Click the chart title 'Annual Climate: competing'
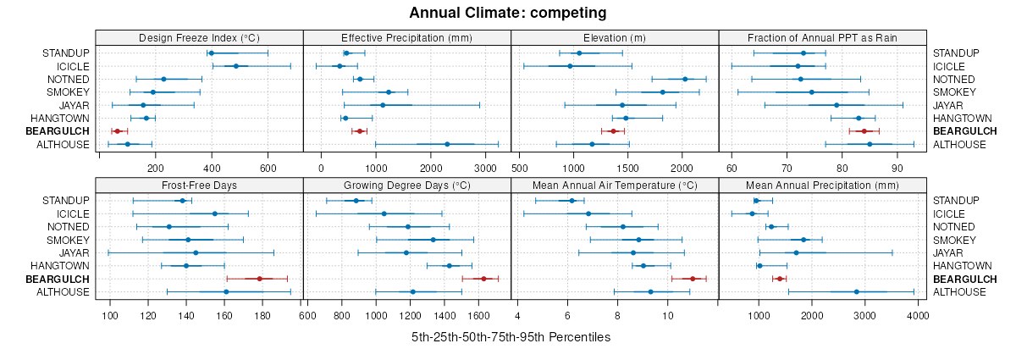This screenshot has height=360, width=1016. tap(508, 13)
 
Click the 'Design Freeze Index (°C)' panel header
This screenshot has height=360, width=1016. tap(199, 37)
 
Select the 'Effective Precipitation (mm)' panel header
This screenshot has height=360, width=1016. tap(406, 37)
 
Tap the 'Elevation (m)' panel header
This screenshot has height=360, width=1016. tap(615, 37)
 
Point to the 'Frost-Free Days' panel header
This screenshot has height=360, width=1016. tap(199, 185)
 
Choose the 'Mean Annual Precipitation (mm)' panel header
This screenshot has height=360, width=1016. tap(822, 185)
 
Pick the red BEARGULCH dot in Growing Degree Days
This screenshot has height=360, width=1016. tap(483, 279)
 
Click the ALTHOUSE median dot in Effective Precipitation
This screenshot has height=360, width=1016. tap(447, 144)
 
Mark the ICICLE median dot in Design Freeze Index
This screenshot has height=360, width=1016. tap(236, 66)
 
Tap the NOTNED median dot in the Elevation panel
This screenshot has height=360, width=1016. tap(685, 79)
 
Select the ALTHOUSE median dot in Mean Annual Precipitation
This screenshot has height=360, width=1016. tap(857, 291)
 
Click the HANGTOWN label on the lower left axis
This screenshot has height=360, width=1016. tap(60, 266)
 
